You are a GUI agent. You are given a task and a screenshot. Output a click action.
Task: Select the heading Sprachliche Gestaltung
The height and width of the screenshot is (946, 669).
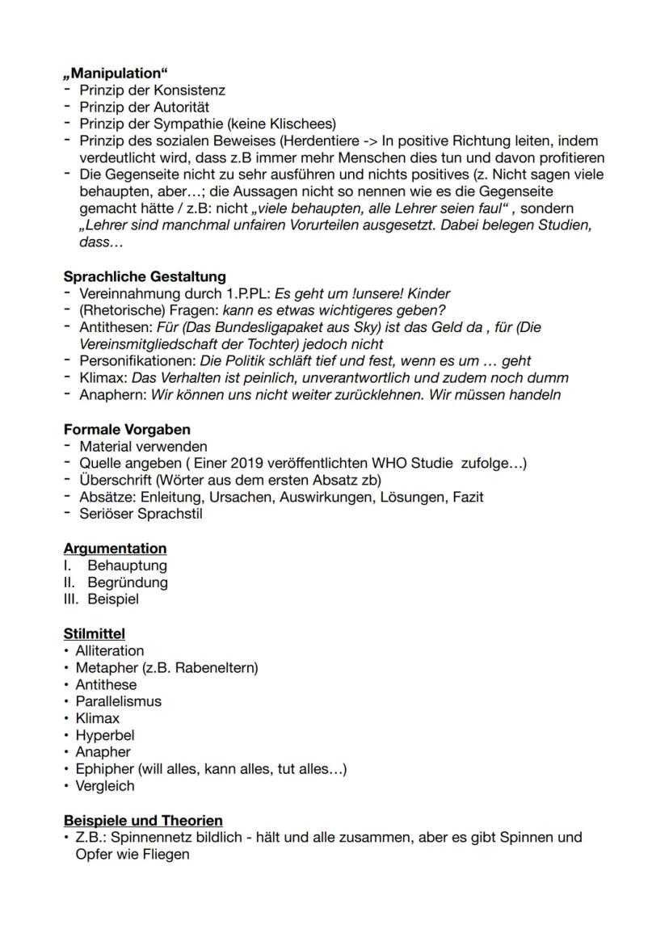[x=145, y=277]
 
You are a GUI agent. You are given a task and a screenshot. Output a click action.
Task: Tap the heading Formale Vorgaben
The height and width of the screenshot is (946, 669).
[x=127, y=430]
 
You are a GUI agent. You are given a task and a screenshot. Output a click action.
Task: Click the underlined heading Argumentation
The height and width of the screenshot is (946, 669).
[x=115, y=549]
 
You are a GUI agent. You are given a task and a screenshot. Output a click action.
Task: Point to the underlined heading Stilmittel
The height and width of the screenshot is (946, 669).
[x=94, y=633]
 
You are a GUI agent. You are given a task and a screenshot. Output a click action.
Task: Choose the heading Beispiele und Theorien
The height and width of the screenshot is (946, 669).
[x=143, y=820]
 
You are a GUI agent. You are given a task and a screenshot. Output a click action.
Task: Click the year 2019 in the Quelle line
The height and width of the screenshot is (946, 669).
[x=246, y=464]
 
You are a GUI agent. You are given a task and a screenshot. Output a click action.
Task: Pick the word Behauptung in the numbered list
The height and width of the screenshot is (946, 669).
[x=127, y=565]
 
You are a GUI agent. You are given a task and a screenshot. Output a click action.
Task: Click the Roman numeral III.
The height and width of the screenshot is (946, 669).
[x=73, y=599]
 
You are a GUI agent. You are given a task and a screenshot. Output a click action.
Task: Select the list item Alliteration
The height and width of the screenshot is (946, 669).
[x=110, y=650]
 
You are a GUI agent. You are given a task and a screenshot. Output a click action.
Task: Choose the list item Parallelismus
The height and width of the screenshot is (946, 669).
[x=118, y=701]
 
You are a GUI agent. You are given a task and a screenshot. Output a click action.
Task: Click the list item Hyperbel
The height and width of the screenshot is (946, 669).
[x=105, y=735]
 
